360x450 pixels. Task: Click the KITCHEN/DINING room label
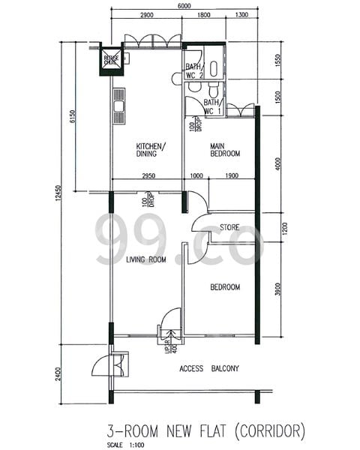(151, 150)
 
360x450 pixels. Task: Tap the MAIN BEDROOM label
(224, 149)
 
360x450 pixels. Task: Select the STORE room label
(229, 227)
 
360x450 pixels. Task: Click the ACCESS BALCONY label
(209, 368)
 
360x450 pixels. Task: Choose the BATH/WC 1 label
(211, 106)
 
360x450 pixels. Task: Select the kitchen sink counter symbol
(118, 109)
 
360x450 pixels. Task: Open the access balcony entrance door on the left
(100, 366)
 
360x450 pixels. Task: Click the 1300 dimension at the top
(241, 15)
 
